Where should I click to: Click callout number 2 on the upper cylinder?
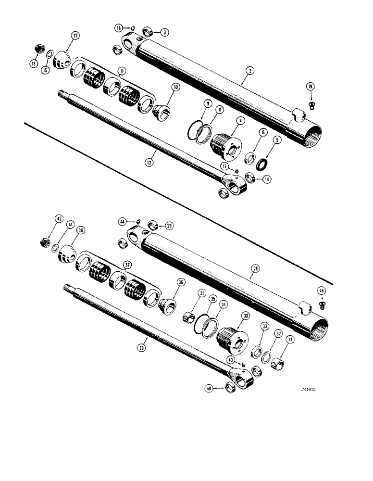pyautogui.click(x=250, y=70)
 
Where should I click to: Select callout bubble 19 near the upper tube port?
pyautogui.click(x=311, y=87)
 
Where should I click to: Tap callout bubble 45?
pyautogui.click(x=322, y=290)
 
